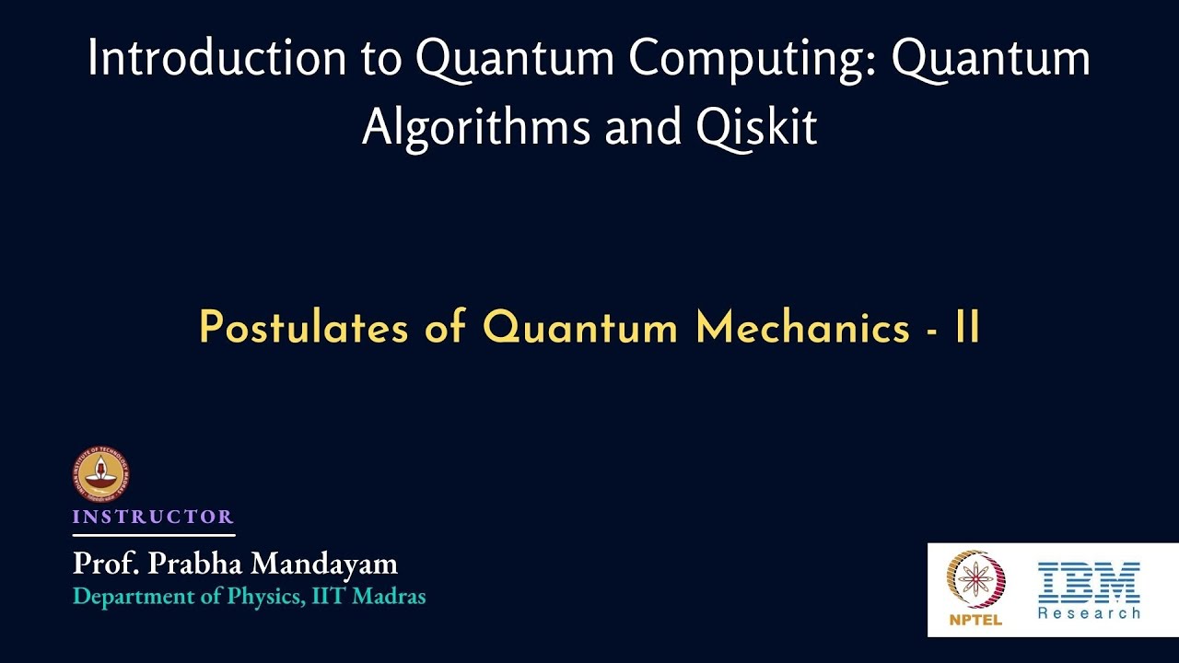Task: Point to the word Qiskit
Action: (x=757, y=128)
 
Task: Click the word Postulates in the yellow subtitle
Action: (x=303, y=329)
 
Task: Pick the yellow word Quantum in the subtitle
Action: (x=580, y=329)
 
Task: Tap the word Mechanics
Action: (x=802, y=329)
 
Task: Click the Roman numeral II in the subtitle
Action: (x=967, y=329)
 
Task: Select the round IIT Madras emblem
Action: (x=100, y=475)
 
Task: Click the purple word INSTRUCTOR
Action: (x=153, y=517)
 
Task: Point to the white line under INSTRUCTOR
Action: (x=154, y=535)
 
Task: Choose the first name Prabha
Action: (x=190, y=564)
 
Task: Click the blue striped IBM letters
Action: (x=1089, y=582)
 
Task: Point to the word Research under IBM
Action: (x=1089, y=612)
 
